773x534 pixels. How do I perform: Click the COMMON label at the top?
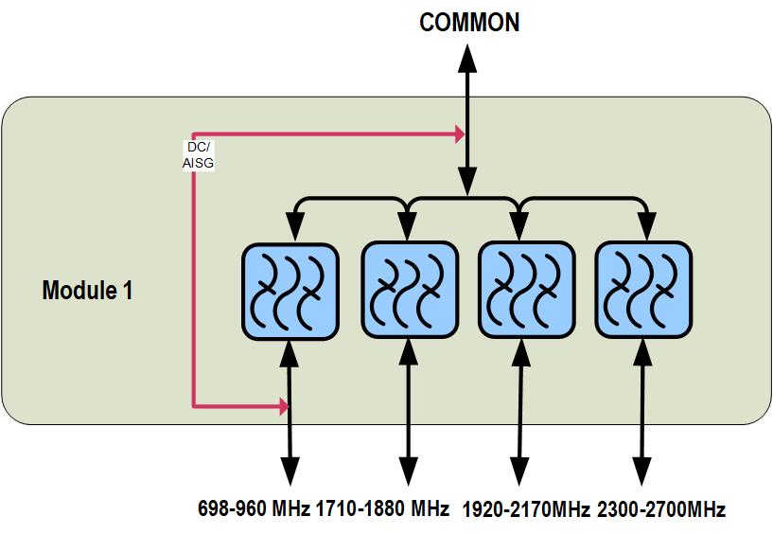469,23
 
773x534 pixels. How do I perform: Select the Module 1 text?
87,291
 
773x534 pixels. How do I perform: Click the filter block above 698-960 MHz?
290,291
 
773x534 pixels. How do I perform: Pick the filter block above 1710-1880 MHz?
409,291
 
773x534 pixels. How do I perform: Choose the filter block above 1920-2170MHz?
525,291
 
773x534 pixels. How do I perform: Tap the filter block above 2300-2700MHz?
642,291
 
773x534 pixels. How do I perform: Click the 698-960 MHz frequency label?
254,508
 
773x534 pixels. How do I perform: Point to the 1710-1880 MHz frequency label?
382,508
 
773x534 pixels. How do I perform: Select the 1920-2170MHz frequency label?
526,509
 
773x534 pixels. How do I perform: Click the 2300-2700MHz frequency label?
661,509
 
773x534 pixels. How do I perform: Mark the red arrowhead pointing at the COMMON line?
460,134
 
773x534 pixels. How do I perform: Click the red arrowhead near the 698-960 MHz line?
283,407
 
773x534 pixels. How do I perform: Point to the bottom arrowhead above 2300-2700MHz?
643,471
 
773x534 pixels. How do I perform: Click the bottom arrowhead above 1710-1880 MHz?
410,471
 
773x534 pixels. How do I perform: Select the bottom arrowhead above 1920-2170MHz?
519,471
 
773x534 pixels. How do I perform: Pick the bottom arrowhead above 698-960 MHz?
290,471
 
